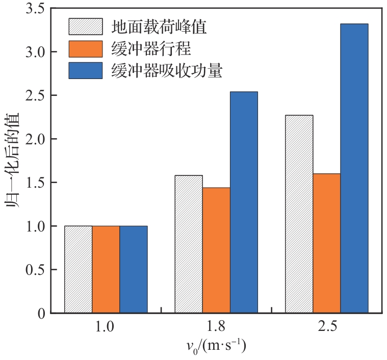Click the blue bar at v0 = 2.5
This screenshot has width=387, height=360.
(354, 168)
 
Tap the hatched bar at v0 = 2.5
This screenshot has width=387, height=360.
(299, 214)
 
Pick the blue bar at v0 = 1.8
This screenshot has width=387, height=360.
(244, 202)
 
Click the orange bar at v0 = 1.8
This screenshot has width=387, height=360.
(216, 250)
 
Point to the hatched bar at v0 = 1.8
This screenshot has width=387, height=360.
(189, 244)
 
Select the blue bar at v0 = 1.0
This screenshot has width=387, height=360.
(134, 269)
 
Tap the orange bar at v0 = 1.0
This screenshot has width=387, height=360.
(106, 269)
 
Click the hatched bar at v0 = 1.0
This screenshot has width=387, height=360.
(79, 269)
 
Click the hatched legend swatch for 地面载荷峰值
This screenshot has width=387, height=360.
(86, 27)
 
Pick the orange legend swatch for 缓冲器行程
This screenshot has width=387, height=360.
(86, 48)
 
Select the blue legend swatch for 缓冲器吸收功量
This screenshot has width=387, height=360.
(86, 70)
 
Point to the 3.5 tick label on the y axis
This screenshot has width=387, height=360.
(36, 9)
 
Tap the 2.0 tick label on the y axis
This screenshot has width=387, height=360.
(36, 139)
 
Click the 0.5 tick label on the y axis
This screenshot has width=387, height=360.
(36, 269)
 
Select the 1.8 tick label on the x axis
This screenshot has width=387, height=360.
(216, 326)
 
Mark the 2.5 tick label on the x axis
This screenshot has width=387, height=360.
(326, 326)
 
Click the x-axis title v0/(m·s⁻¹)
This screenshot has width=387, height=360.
(216, 347)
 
